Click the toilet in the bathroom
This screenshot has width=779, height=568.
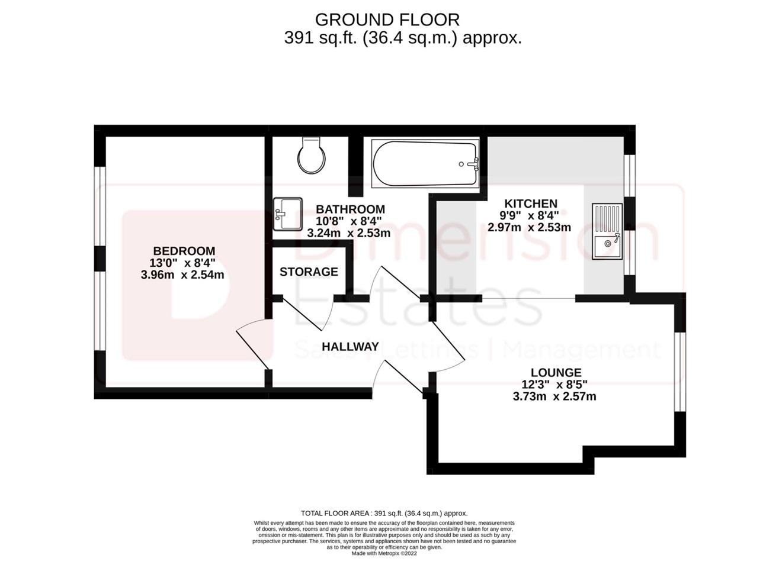312,156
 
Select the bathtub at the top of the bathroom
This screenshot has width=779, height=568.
424,164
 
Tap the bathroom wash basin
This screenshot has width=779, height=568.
287,214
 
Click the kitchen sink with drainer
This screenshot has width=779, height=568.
607,231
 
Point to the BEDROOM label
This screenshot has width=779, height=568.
184,251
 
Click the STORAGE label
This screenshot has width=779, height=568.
309,272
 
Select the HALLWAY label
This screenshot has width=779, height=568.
350,347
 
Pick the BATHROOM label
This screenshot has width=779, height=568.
350,209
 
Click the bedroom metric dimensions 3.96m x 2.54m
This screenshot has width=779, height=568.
182,275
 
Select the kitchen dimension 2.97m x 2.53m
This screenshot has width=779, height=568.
529,227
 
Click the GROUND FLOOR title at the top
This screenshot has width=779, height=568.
387,20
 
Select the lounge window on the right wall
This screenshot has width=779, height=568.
679,371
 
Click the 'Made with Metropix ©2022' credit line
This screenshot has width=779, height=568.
384,554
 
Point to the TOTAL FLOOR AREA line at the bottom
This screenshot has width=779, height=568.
384,513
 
